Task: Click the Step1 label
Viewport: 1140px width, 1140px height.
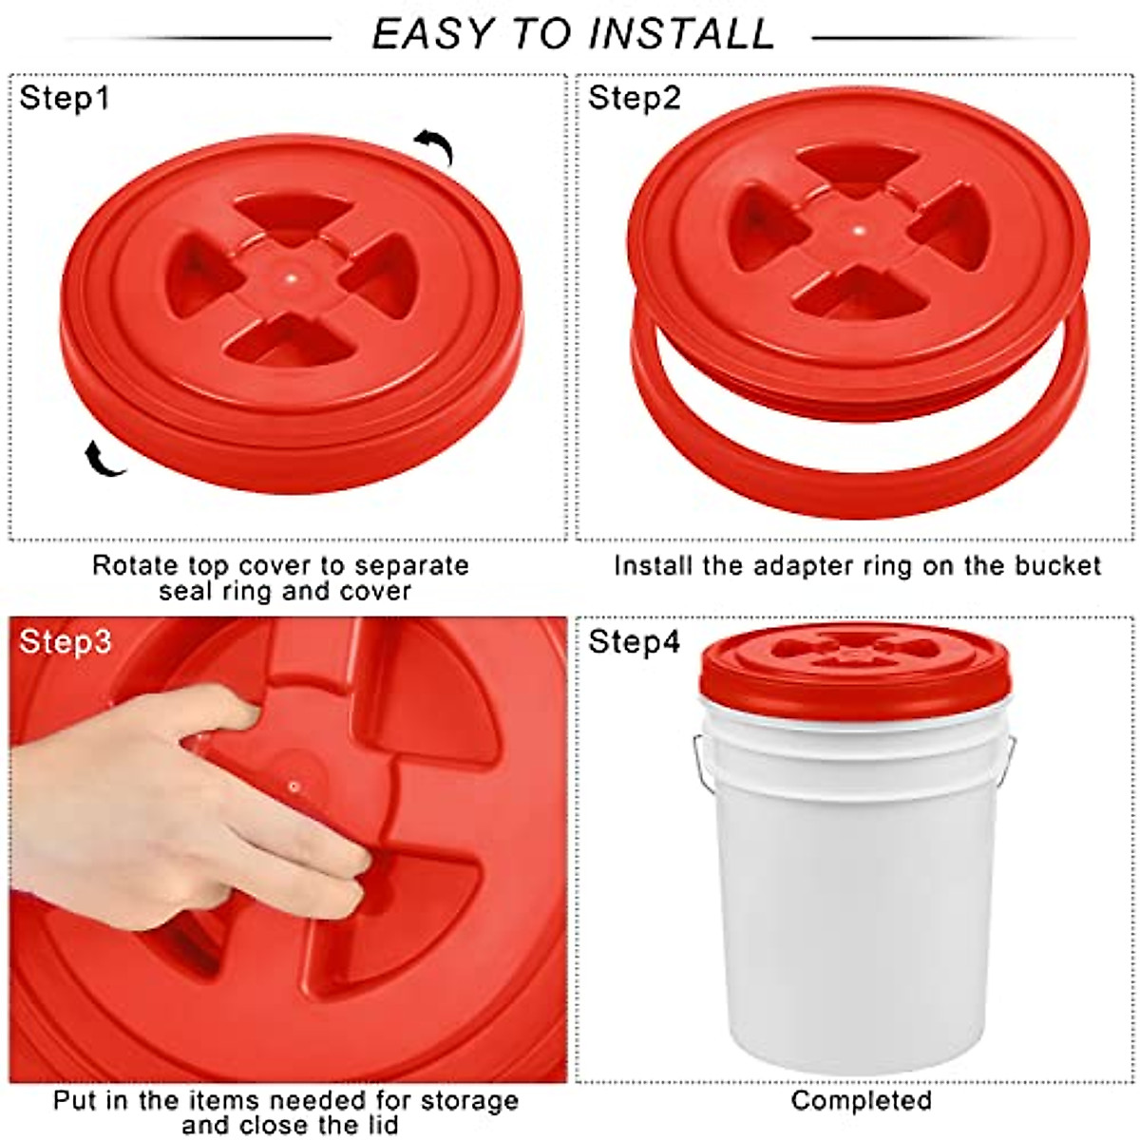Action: click(65, 98)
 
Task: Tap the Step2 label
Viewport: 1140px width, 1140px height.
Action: click(635, 98)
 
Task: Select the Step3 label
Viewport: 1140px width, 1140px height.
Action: click(65, 641)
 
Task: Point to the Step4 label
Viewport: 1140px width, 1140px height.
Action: click(635, 641)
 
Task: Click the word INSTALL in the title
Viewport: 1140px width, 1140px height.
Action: click(681, 34)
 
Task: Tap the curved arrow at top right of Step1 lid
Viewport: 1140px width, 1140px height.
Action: click(434, 147)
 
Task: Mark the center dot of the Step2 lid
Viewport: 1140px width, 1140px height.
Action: click(858, 230)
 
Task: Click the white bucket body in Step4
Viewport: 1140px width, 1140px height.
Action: click(855, 902)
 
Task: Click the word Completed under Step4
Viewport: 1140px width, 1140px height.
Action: click(861, 1101)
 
